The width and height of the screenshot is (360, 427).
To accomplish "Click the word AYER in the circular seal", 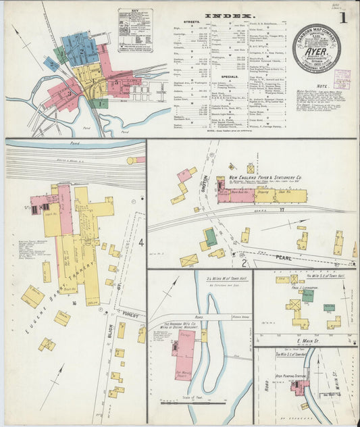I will point(317,49).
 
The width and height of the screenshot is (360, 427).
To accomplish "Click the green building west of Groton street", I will point(211,236).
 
